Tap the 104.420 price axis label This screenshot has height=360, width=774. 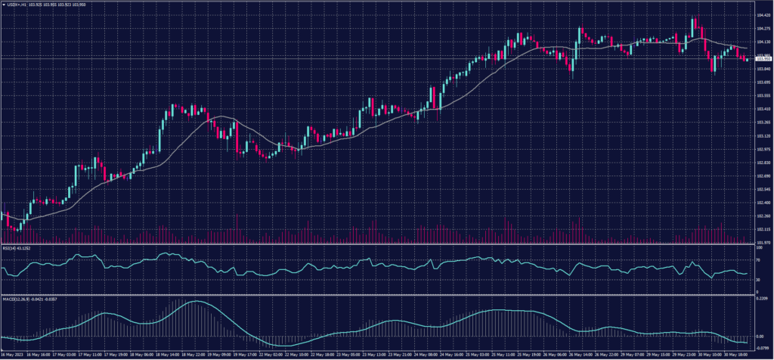pyautogui.click(x=763, y=14)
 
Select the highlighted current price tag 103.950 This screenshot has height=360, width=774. pyautogui.click(x=763, y=59)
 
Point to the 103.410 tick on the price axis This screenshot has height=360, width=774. pyautogui.click(x=763, y=109)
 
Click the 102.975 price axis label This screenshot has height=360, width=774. pyautogui.click(x=763, y=149)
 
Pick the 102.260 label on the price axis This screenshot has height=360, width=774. pyautogui.click(x=763, y=216)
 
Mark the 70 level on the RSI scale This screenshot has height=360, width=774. pyautogui.click(x=758, y=259)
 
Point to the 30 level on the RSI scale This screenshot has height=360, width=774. pyautogui.click(x=758, y=280)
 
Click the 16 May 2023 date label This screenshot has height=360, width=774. pyautogui.click(x=12, y=353)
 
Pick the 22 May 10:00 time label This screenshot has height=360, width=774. pyautogui.click(x=297, y=353)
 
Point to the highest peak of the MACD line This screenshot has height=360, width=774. pyautogui.click(x=195, y=302)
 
